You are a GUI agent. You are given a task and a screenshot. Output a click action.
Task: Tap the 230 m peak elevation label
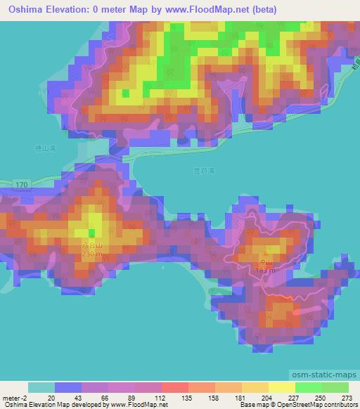click(x=91, y=254)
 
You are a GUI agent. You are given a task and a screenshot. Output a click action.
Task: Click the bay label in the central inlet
click(x=202, y=169)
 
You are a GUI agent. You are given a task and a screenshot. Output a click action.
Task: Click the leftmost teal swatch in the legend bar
click(x=41, y=387)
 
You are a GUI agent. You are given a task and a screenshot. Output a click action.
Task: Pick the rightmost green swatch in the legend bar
click(x=335, y=387)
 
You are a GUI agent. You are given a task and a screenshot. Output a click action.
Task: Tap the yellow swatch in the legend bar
click(x=282, y=387)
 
